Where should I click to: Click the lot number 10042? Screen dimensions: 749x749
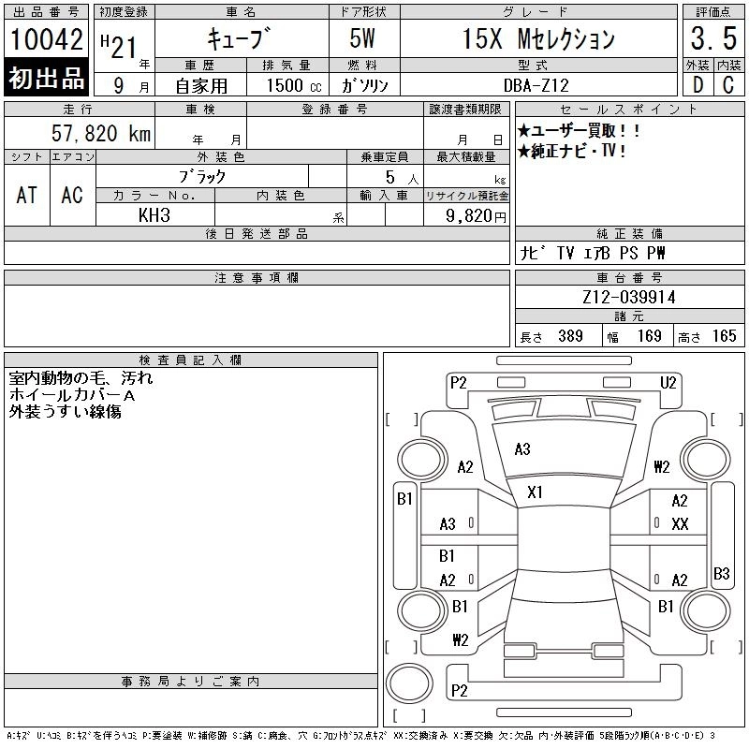pos(46,40)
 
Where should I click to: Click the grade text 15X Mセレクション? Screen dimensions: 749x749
pos(539,39)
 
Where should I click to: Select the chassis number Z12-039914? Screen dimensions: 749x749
pos(629,298)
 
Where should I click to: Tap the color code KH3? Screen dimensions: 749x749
pos(154,215)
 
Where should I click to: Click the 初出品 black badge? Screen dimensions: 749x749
pos(46,79)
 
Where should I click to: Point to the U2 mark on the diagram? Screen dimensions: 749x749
pos(668,382)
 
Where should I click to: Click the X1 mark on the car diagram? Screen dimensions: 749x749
pos(535,492)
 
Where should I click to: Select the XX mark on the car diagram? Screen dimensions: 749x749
pos(680,524)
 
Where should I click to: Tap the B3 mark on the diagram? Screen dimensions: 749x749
pos(721,573)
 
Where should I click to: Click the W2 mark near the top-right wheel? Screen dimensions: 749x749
pos(662,466)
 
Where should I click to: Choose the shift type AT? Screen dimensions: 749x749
pos(26,195)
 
